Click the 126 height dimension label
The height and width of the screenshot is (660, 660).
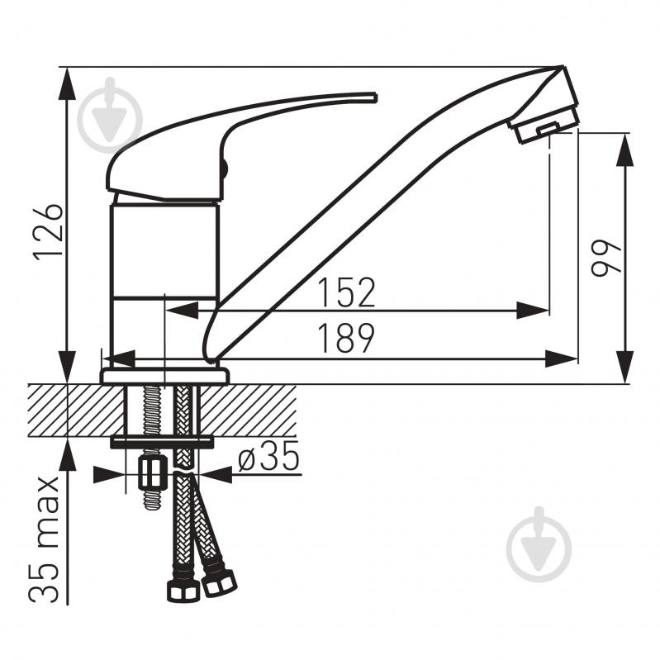pos(48,232)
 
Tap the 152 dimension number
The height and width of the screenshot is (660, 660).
pos(345,292)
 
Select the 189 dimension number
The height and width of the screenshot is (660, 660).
pos(345,337)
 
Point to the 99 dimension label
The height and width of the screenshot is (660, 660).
pos(605,258)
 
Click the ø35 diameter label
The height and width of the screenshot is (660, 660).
pos(268,456)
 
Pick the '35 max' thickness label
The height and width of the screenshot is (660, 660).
pos(44,540)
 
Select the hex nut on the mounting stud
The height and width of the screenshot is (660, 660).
pos(150,473)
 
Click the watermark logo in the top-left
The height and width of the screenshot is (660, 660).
pos(111,115)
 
